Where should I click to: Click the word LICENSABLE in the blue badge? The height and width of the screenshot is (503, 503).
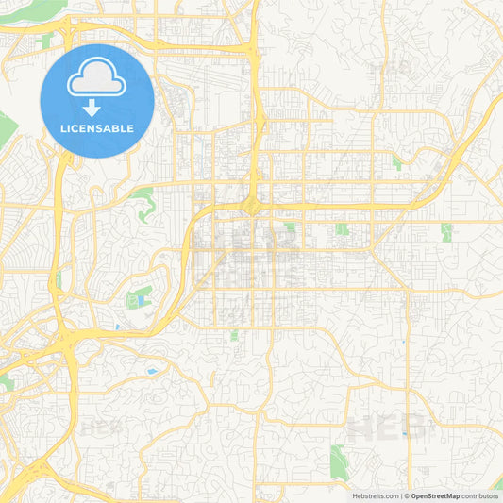[x=97, y=127]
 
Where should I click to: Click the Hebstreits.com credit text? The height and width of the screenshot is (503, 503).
[x=373, y=495]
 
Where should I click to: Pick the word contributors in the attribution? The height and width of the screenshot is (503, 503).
[x=479, y=495]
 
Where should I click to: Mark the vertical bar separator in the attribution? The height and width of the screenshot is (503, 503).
[x=401, y=495]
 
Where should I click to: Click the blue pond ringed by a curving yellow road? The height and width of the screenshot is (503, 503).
[x=151, y=371]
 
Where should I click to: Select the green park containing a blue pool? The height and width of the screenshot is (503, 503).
[x=138, y=297]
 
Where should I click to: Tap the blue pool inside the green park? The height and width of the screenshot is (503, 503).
[x=141, y=300]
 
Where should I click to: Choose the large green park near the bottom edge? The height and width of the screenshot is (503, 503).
[x=339, y=461]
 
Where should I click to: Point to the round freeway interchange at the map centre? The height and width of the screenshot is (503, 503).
[x=252, y=205]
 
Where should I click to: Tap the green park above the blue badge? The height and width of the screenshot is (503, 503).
[x=45, y=41]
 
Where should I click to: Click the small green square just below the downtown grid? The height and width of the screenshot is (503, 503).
[x=233, y=335]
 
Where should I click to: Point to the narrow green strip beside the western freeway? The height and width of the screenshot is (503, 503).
[x=59, y=279]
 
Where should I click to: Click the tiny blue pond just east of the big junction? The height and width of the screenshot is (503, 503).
[x=117, y=327]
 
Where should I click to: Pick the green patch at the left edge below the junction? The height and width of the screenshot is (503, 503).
[x=6, y=381]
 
